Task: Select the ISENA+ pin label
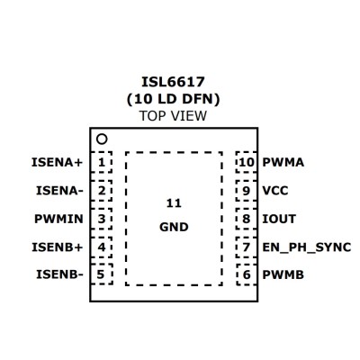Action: (57, 163)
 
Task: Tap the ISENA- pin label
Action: (59, 191)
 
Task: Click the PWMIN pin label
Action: (58, 219)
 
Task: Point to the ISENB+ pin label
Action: (57, 247)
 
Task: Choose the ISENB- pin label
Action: (59, 274)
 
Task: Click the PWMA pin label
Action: (283, 163)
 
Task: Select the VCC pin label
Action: (275, 191)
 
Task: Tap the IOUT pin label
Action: (279, 219)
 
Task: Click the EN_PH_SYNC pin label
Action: (307, 247)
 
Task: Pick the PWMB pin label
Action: (283, 274)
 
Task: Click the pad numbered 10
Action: (247, 162)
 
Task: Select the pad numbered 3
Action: (102, 219)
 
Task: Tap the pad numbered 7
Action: (247, 247)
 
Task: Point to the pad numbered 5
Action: (102, 274)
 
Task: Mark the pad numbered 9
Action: (247, 191)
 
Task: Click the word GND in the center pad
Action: (174, 227)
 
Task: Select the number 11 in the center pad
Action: (174, 203)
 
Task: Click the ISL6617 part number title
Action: (173, 82)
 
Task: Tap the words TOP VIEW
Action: (173, 116)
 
